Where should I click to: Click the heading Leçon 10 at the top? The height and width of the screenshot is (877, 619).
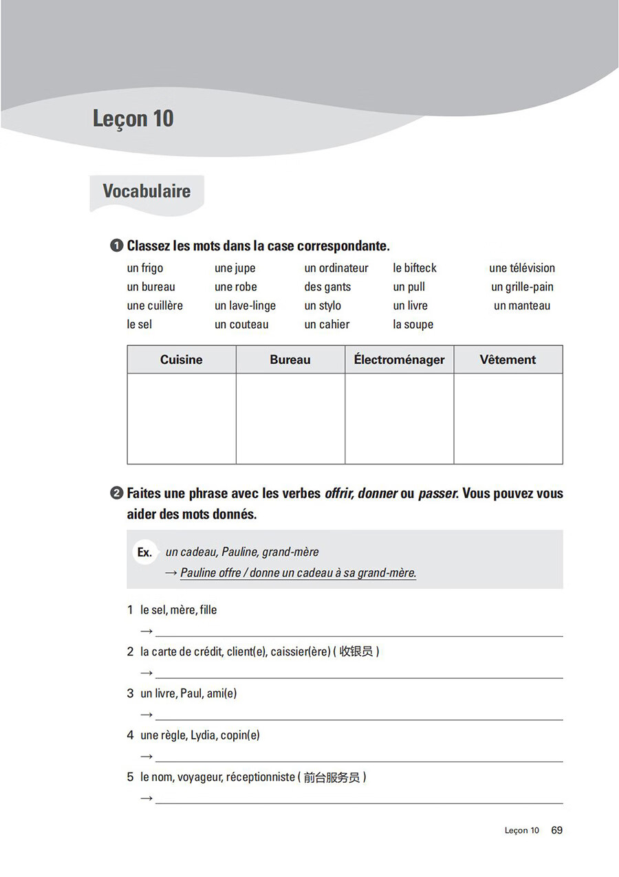[x=133, y=118]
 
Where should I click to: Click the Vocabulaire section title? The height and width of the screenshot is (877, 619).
[x=146, y=191]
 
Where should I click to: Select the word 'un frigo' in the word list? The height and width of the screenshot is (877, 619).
[x=145, y=268]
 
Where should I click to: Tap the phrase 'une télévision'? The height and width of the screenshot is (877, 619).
[x=522, y=268]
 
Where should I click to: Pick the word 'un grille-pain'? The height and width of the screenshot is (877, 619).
[x=522, y=287]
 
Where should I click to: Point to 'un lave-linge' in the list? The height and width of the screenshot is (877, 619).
[x=245, y=305]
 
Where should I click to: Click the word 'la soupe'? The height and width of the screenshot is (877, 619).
[x=413, y=324]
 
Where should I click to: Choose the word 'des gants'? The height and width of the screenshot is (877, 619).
[x=327, y=287]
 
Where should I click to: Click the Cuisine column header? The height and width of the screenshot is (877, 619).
[x=182, y=360]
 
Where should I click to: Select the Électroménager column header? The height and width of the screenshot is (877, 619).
[x=399, y=360]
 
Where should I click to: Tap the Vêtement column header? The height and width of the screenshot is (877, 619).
[x=508, y=360]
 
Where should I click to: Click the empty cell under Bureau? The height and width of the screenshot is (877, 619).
[x=290, y=418]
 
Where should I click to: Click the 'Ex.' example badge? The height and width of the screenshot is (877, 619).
[x=144, y=552]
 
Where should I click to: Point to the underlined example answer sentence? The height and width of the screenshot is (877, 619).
[x=298, y=573]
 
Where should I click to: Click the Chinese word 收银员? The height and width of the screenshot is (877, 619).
[x=356, y=651]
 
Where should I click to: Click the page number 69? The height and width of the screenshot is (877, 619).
[x=556, y=830]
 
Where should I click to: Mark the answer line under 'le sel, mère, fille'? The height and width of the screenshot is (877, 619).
[x=358, y=635]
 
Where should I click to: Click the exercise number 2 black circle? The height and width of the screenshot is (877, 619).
[x=116, y=493]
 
